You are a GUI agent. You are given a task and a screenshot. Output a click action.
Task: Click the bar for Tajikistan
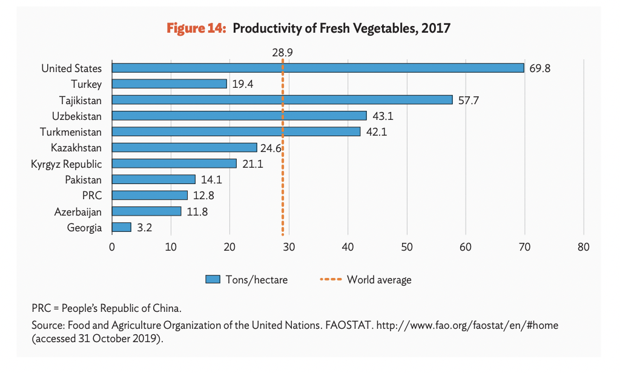pyautogui.click(x=282, y=100)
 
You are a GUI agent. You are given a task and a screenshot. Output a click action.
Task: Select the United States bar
pyautogui.click(x=318, y=68)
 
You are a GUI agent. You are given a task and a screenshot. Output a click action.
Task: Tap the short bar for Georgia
pyautogui.click(x=121, y=227)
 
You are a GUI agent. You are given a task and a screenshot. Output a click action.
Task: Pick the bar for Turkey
pyautogui.click(x=170, y=84)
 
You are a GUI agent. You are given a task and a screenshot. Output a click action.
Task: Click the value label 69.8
pyautogui.click(x=539, y=68)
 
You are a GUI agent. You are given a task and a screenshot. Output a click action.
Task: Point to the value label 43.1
pyautogui.click(x=383, y=116)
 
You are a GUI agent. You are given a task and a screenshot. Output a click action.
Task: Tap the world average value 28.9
pyautogui.click(x=283, y=52)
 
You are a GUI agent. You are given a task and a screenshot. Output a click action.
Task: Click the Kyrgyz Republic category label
pyautogui.click(x=67, y=163)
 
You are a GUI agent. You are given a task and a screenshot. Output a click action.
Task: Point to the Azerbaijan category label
pyautogui.click(x=78, y=212)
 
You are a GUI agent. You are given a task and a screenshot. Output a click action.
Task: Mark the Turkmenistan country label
pyautogui.click(x=71, y=132)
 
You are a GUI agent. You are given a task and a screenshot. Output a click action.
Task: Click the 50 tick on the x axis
pyautogui.click(x=407, y=247)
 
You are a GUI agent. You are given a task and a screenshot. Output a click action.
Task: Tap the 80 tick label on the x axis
pyautogui.click(x=584, y=247)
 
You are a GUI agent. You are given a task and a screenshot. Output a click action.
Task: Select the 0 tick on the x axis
pyautogui.click(x=112, y=247)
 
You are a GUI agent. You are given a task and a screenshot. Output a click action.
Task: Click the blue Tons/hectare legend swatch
pyautogui.click(x=212, y=279)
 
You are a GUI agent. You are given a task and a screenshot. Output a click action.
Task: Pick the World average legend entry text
pyautogui.click(x=379, y=280)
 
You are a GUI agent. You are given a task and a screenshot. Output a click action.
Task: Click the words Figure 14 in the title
pyautogui.click(x=196, y=28)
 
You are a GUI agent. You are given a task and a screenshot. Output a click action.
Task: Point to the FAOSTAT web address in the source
pyautogui.click(x=467, y=325)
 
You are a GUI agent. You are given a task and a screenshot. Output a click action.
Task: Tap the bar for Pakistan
pyautogui.click(x=154, y=180)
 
